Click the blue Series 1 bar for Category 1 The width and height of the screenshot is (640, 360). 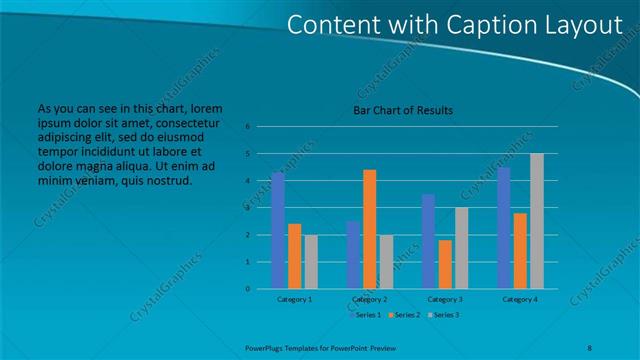click(277, 230)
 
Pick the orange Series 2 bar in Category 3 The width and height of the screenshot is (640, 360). click(444, 264)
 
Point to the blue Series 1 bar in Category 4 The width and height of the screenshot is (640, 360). click(503, 227)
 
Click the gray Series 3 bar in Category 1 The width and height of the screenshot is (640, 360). click(311, 261)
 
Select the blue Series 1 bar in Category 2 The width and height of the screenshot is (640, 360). click(353, 254)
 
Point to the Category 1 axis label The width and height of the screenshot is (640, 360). click(294, 299)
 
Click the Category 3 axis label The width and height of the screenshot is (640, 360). click(445, 299)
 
